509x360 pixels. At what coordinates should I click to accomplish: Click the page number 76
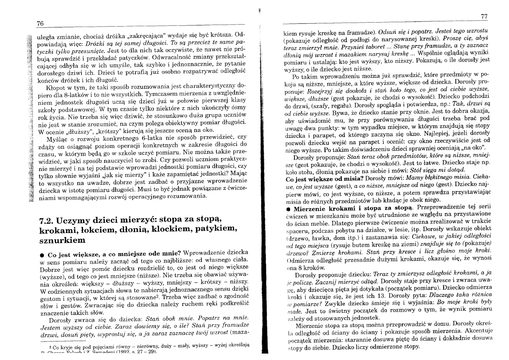pyautogui.click(x=40, y=24)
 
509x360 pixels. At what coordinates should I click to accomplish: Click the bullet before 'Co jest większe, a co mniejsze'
pyautogui.click(x=42, y=255)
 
